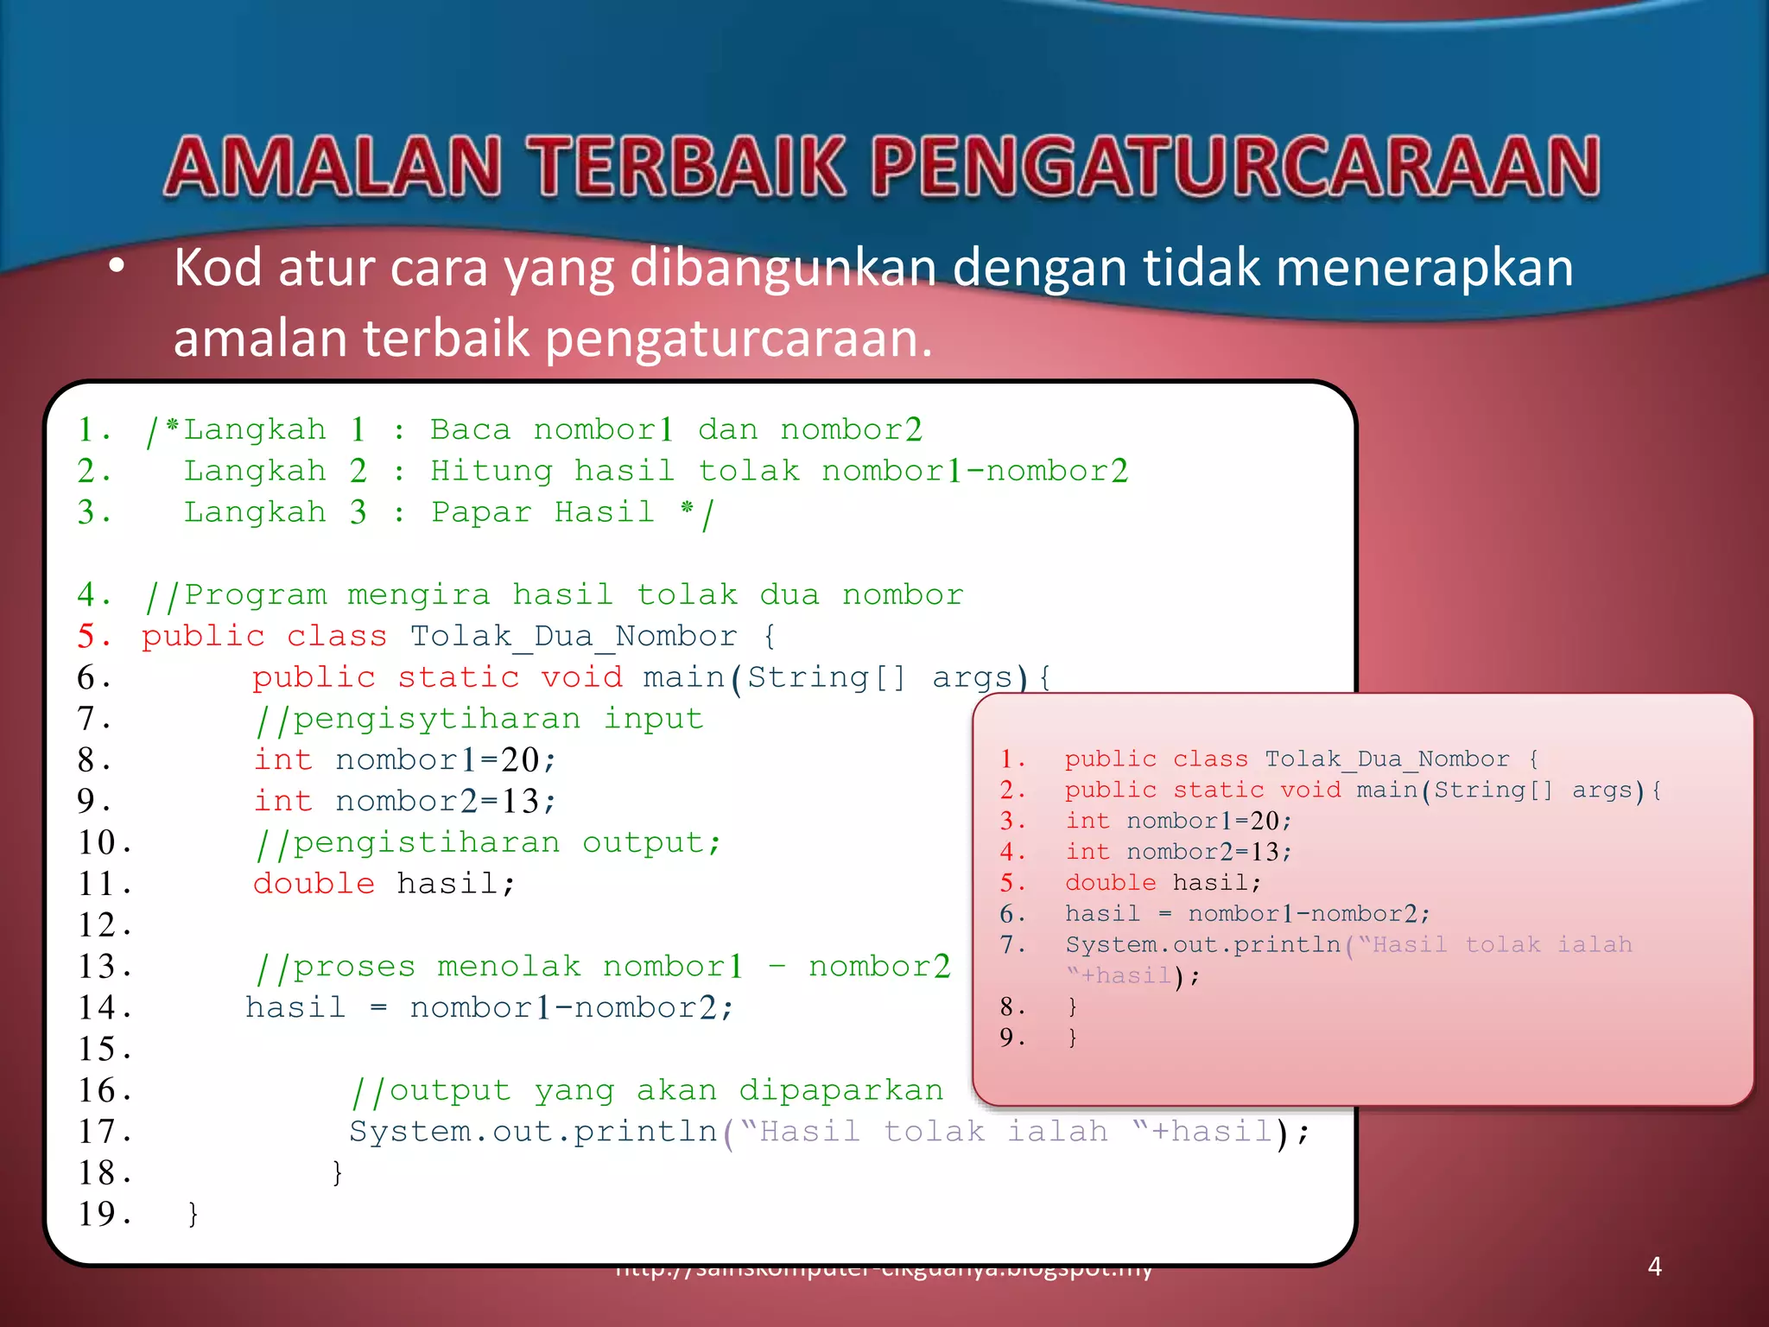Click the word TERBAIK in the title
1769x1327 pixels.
[688, 167]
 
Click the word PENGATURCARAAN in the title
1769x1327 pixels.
[1236, 167]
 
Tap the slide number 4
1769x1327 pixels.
[1654, 1267]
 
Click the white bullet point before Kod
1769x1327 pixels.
[117, 266]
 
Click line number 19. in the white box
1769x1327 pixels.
[105, 1214]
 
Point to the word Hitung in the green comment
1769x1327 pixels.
[491, 471]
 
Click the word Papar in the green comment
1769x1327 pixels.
[481, 512]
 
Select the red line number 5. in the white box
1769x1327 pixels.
[93, 637]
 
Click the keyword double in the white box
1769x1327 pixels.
[314, 884]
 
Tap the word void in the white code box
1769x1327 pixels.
[581, 677]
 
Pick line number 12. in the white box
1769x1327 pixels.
[105, 925]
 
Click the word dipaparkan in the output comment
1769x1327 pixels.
[840, 1090]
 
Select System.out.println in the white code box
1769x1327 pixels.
[533, 1132]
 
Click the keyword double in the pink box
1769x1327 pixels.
[1110, 882]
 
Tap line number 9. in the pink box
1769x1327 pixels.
[1012, 1037]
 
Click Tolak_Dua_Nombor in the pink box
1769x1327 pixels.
[1386, 759]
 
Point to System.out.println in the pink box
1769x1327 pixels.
[1202, 944]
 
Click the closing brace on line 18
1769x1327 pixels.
[338, 1172]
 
